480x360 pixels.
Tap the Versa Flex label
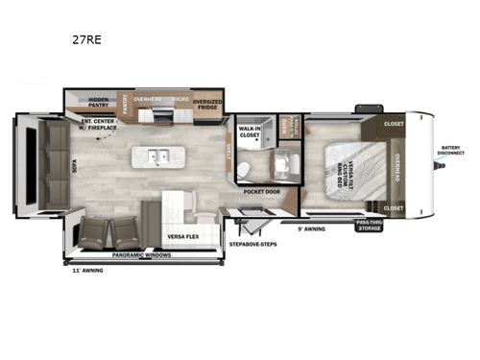(181, 235)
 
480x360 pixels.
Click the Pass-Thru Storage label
(371, 227)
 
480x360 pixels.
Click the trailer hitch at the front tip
(444, 166)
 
